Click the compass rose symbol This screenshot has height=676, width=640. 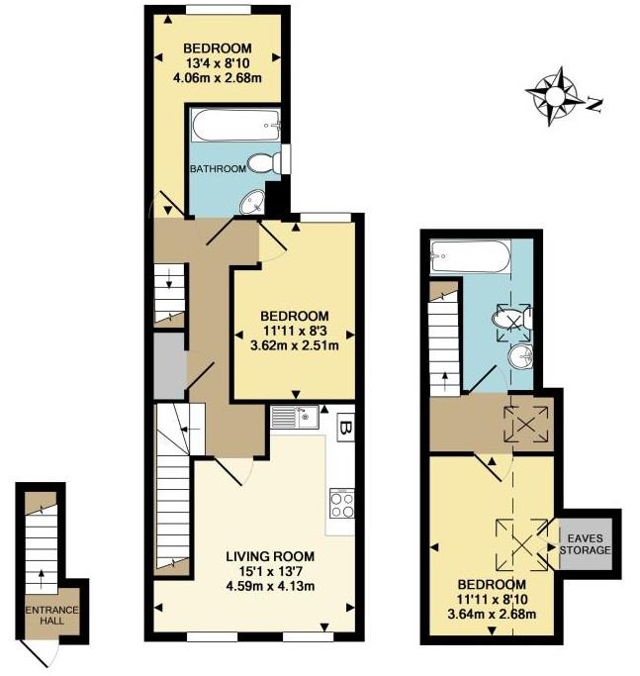552,97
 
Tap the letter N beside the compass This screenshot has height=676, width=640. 594,105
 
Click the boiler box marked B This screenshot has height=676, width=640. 345,428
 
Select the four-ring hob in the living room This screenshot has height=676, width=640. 342,504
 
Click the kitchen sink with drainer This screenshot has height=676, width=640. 295,417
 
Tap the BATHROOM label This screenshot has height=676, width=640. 218,168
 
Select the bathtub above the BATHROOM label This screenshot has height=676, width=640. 235,126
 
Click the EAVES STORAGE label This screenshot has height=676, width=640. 585,544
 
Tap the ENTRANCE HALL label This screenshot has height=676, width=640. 52,616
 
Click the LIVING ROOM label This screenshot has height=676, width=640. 270,556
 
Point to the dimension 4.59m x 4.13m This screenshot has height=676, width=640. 270,586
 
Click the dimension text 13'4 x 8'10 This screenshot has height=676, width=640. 218,63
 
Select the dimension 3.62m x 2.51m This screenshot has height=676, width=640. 295,345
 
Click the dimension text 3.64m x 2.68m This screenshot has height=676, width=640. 492,614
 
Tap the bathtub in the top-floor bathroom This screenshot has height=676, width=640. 471,256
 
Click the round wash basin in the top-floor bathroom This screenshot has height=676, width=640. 520,357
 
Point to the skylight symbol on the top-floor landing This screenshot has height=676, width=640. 526,425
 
